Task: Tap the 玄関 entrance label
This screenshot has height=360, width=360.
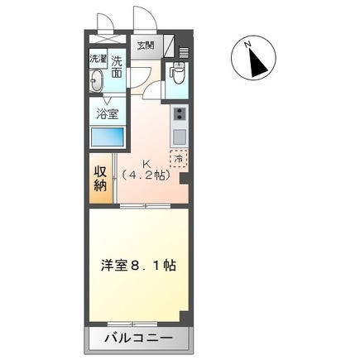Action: point(146,44)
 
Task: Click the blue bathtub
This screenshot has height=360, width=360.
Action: point(107,137)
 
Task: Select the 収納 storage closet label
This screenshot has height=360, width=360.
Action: point(99,179)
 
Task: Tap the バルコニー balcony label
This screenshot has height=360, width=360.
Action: point(139,338)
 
